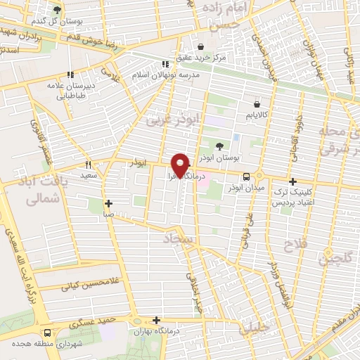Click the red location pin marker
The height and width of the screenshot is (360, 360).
181,165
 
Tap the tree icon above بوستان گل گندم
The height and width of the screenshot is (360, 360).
57,10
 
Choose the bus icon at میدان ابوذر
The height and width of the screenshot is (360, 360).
247,176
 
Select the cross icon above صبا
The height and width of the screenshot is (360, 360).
108,203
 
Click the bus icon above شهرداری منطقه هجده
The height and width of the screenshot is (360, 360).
47,333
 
